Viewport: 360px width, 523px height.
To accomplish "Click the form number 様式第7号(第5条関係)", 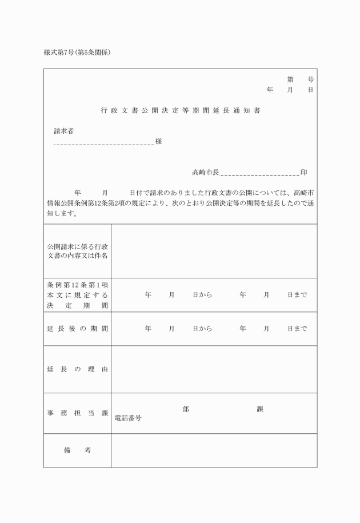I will (77, 53).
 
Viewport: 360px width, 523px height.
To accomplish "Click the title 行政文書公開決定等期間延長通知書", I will (180, 110).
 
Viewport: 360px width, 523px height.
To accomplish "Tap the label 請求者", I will (63, 131).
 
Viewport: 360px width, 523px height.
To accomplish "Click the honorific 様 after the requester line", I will (158, 141).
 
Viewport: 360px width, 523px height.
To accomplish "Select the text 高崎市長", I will (205, 172).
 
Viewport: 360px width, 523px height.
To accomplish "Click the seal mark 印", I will (304, 172).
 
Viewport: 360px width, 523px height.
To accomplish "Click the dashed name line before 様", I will (103, 143).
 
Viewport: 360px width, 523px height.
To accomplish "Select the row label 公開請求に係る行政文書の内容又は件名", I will (77, 250).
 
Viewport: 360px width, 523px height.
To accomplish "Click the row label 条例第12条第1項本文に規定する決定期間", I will (77, 295).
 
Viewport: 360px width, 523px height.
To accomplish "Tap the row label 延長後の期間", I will (77, 329).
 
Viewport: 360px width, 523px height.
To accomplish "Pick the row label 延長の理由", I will (77, 369).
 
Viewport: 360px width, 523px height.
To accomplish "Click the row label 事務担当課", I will (77, 413).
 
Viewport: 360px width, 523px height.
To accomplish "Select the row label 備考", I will (77, 450).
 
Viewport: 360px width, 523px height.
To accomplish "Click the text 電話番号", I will (128, 418).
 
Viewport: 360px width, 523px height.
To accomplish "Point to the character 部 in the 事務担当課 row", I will (186, 409).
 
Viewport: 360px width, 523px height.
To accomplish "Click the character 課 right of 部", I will (260, 409).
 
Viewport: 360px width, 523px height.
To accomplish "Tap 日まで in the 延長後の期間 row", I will (297, 329).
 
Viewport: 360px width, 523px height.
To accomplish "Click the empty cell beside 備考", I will (214, 450).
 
